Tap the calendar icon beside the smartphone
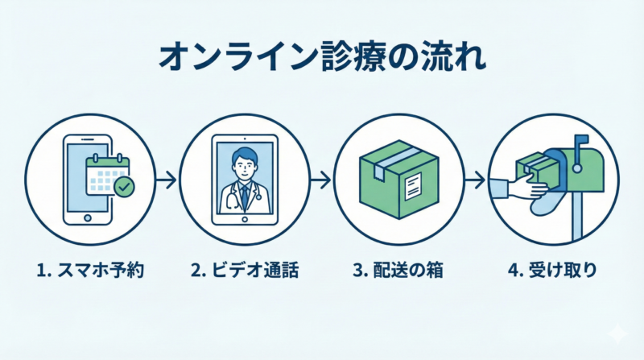pyautogui.click(x=106, y=172)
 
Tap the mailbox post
pyautogui.click(x=576, y=217)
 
